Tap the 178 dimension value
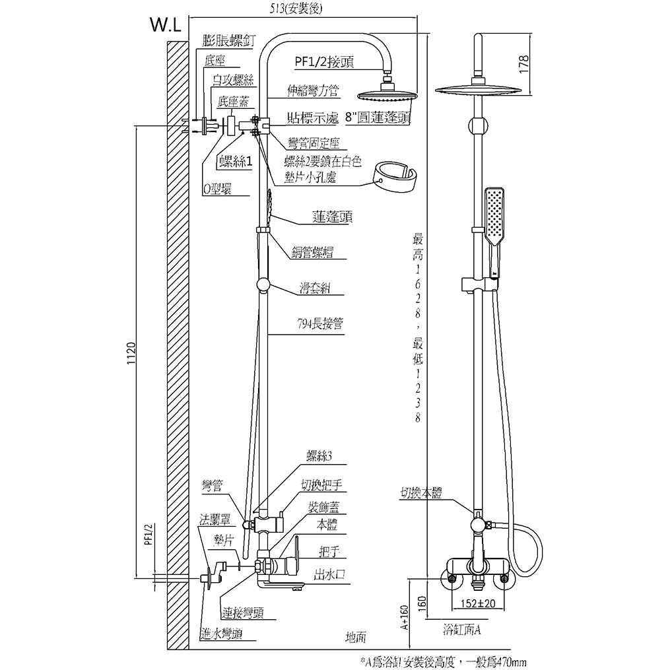click(x=525, y=64)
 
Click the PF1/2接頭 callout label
click(x=324, y=63)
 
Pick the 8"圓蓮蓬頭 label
click(x=374, y=118)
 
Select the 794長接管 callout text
click(x=319, y=324)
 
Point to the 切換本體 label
click(x=420, y=492)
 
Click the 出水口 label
click(x=329, y=575)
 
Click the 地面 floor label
click(x=356, y=637)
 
